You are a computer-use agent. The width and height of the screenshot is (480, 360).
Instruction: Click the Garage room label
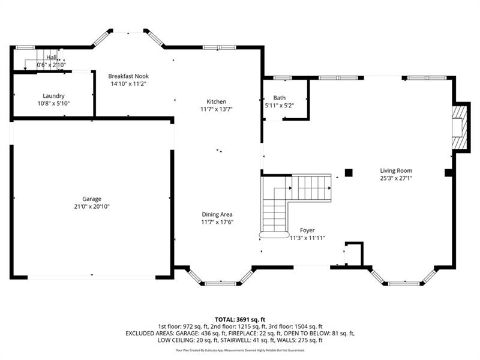(x=92, y=199)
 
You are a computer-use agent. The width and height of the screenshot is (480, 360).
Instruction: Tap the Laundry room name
(x=53, y=96)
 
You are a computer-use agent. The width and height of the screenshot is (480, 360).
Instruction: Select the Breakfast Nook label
(x=128, y=76)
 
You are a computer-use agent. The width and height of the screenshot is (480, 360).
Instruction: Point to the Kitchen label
(x=217, y=101)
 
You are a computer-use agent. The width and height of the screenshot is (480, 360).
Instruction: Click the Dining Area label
(x=217, y=215)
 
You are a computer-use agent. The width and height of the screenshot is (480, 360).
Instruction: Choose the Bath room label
(x=280, y=98)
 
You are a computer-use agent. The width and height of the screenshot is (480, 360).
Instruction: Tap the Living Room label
(x=396, y=170)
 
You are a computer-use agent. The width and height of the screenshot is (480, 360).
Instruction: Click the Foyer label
(x=307, y=230)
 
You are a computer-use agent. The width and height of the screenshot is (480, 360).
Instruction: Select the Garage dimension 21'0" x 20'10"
(x=92, y=206)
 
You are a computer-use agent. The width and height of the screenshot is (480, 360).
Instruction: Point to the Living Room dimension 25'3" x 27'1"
(x=396, y=178)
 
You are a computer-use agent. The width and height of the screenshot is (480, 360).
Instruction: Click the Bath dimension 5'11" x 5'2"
(x=280, y=106)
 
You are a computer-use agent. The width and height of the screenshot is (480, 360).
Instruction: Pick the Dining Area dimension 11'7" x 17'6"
(x=217, y=222)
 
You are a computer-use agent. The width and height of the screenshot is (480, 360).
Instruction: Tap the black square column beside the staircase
(x=349, y=173)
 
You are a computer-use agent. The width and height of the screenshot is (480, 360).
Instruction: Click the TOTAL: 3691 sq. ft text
(x=240, y=320)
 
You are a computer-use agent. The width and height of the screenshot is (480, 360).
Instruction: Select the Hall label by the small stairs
(x=52, y=57)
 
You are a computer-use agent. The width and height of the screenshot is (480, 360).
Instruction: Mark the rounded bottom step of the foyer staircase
(x=274, y=235)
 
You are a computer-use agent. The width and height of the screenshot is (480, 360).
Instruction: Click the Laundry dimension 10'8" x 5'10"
(x=53, y=103)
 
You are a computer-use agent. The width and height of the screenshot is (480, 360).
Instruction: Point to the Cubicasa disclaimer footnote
(x=240, y=350)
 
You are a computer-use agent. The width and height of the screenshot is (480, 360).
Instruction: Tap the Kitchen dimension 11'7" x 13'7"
(x=217, y=109)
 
